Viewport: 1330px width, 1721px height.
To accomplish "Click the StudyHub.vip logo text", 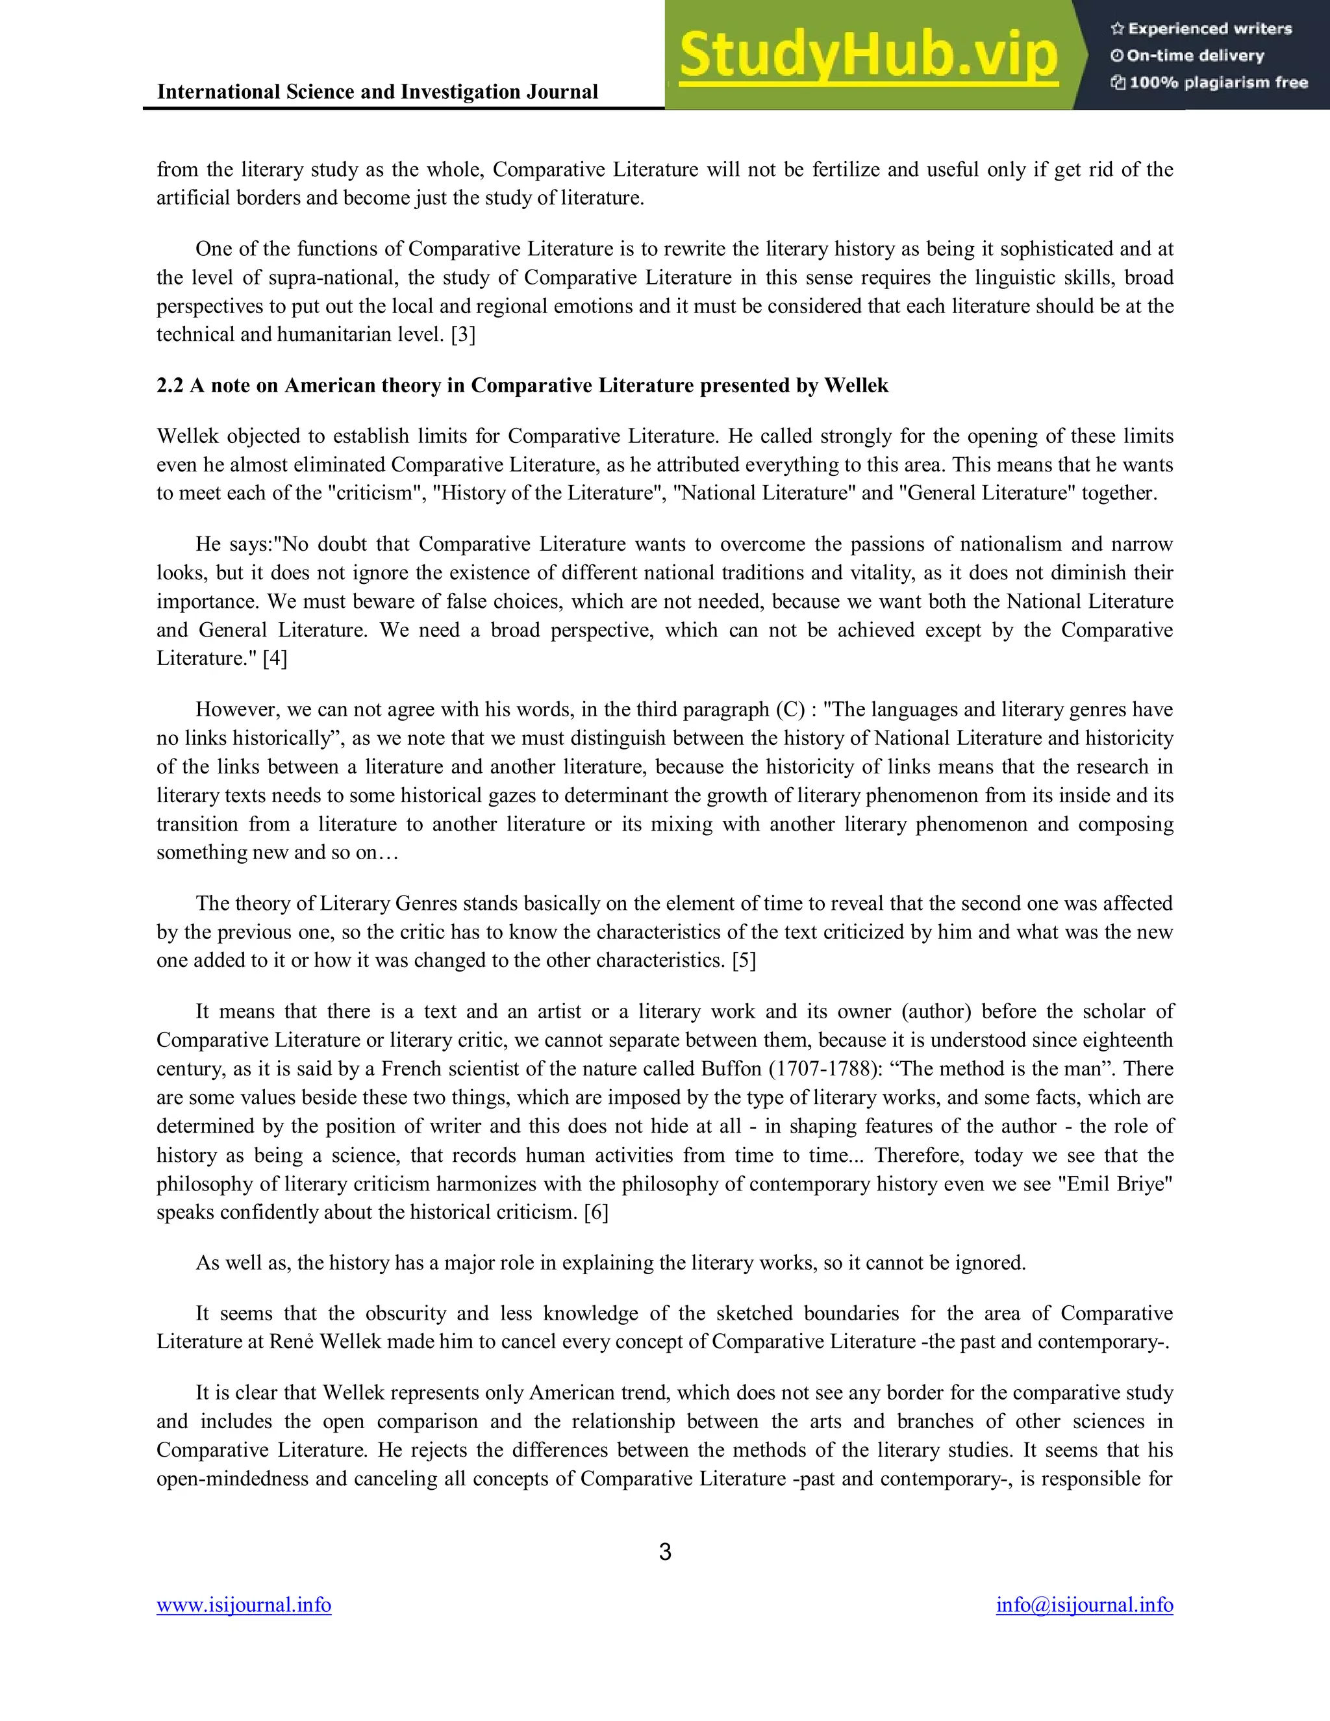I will pos(868,55).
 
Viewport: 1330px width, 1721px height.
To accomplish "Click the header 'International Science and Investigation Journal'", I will pos(377,92).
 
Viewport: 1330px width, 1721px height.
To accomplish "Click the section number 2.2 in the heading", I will pos(169,385).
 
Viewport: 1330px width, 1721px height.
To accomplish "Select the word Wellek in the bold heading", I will pos(856,385).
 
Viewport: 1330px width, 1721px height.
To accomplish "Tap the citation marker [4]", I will pos(275,659).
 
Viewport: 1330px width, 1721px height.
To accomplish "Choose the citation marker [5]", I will pos(744,961).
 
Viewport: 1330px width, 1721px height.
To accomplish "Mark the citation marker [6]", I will pos(596,1212).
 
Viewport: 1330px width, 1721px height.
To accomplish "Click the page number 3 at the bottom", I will pos(665,1551).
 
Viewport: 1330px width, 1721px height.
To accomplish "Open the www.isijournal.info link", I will pos(244,1605).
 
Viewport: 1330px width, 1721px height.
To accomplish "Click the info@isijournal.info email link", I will pos(1084,1605).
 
